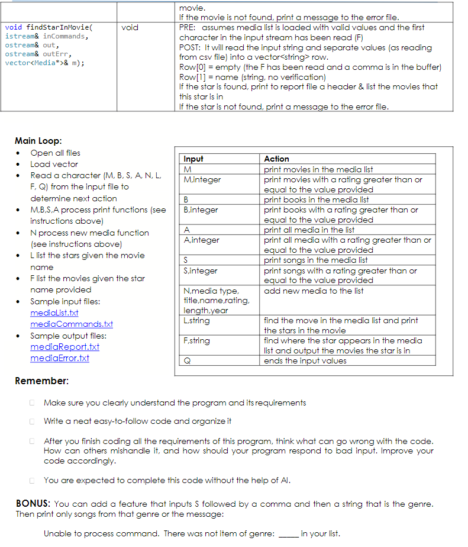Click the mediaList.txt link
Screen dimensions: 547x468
tap(54, 313)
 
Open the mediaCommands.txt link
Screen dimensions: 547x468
tap(72, 324)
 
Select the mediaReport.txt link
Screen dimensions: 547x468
tap(64, 347)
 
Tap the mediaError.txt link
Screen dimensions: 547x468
tap(60, 358)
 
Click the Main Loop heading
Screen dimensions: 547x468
tap(38, 141)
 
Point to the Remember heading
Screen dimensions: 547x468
tap(41, 381)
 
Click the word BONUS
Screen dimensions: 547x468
tap(32, 504)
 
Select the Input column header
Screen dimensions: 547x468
tap(193, 159)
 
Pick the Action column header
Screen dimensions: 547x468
tap(276, 159)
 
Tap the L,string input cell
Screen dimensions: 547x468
tap(197, 320)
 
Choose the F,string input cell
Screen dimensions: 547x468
tap(197, 340)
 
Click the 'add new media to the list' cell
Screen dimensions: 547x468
tap(314, 291)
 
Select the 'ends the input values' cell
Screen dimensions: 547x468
tap(305, 361)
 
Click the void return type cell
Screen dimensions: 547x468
tap(130, 27)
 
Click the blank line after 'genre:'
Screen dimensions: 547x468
tap(288, 533)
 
